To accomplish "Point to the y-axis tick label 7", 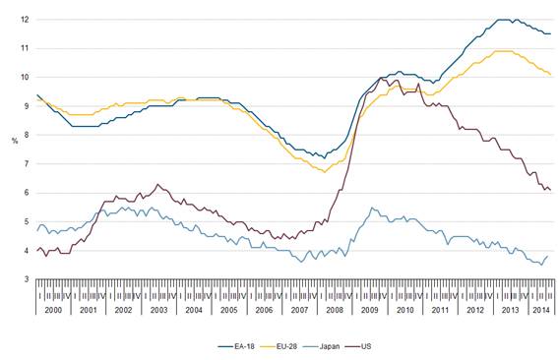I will click(x=24, y=164).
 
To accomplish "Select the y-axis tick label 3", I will click(x=24, y=279).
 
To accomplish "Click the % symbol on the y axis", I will click(x=12, y=150).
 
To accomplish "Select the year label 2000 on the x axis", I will click(x=54, y=309).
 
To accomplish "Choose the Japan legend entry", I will click(x=336, y=346).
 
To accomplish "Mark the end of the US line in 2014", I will click(x=549, y=190).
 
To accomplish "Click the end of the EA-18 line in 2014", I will click(x=549, y=33).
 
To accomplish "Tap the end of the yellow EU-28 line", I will click(x=549, y=75).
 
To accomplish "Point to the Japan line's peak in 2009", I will click(x=371, y=208).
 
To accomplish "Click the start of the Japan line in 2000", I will click(x=36, y=230).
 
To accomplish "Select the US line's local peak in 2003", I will click(x=158, y=184).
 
